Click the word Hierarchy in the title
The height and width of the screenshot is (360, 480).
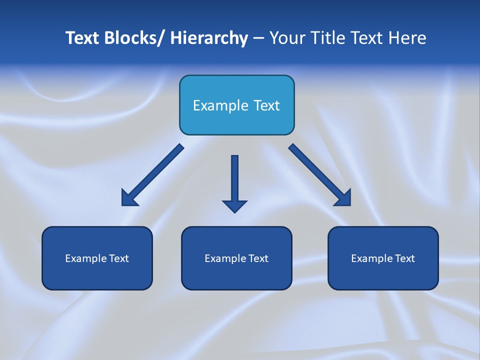[209, 38]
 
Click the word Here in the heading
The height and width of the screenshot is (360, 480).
[407, 38]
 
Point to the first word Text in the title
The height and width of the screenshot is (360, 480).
[82, 38]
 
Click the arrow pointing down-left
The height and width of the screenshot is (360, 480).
[152, 175]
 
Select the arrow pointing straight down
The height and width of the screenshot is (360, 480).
[234, 180]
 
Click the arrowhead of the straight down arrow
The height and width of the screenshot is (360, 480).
[234, 205]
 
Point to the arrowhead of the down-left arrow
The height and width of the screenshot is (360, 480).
[128, 199]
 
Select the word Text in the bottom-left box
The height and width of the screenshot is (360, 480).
[118, 258]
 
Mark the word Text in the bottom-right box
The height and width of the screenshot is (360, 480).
[404, 258]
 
